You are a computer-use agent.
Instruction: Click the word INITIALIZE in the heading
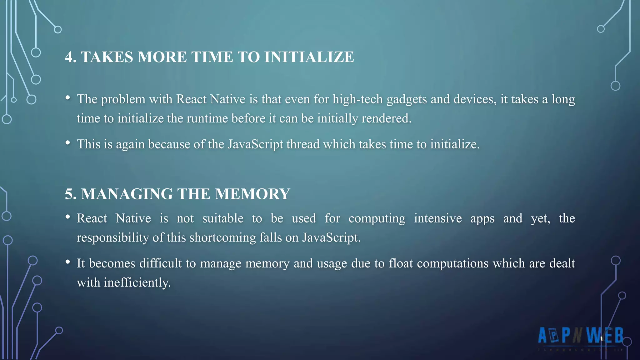coord(309,57)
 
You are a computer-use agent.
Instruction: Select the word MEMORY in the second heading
coord(252,194)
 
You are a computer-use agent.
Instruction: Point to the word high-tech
coord(357,99)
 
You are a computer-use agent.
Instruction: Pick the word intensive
coord(438,218)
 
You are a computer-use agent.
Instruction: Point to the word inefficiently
coord(137,283)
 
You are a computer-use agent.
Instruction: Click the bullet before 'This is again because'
coord(68,143)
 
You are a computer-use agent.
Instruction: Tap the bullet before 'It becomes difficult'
coord(68,262)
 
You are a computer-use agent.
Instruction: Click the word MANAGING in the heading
coord(127,194)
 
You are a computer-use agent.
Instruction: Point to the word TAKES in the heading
coord(107,57)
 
